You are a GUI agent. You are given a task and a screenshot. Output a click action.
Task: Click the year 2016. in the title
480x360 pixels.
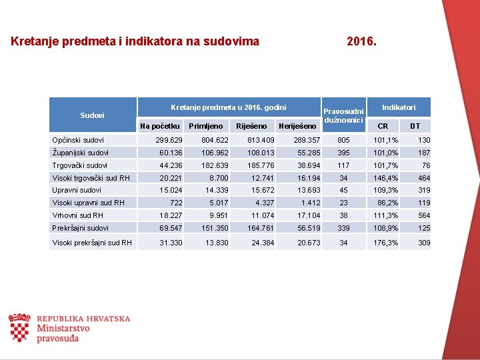tap(361, 41)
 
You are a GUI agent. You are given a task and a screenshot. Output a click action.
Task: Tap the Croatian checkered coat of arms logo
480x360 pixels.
tap(19, 328)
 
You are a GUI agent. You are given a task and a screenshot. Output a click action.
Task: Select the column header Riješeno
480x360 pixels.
tap(251, 126)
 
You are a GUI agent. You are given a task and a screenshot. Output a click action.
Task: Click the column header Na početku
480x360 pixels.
tap(160, 126)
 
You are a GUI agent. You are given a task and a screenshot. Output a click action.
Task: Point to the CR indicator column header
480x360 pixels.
tap(383, 126)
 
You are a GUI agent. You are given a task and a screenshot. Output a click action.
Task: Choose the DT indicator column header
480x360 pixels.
tap(415, 126)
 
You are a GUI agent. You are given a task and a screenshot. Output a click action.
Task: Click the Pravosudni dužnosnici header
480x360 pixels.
tap(343, 115)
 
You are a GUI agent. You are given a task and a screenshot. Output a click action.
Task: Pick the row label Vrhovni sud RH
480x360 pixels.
tap(78, 215)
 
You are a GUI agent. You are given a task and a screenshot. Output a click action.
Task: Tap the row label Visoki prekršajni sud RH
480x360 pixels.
tap(92, 243)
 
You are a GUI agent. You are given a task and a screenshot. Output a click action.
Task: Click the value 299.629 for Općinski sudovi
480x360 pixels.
tap(169, 140)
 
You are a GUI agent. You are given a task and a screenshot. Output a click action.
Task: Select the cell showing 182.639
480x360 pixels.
tap(215, 165)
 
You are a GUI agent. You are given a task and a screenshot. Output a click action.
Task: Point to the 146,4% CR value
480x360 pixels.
tap(386, 178)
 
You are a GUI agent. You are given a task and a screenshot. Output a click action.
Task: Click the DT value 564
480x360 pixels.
tap(424, 215)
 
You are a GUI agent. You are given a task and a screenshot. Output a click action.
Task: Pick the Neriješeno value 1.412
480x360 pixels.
tap(311, 203)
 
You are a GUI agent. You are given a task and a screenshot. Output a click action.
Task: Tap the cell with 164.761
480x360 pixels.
tap(261, 228)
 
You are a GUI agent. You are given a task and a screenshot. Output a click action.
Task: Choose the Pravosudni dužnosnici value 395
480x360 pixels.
tap(343, 153)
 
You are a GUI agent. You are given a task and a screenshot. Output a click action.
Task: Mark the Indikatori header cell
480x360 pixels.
tap(399, 107)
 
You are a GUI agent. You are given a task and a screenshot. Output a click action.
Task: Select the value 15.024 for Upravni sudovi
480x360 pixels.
tap(171, 191)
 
